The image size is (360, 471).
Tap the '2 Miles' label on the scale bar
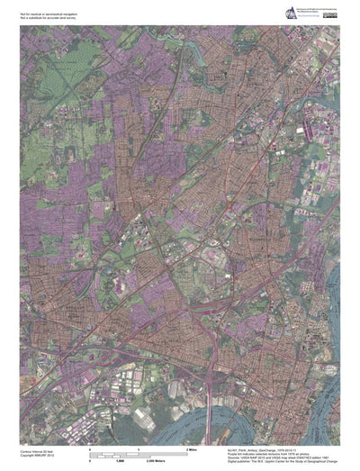(x=191, y=448)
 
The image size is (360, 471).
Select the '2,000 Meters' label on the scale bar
(x=193, y=458)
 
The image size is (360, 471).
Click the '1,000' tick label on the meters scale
(x=141, y=458)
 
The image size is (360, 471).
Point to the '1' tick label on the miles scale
(x=138, y=448)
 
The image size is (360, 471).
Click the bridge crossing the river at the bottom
(x=210, y=405)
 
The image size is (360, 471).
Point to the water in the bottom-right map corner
(x=328, y=423)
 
